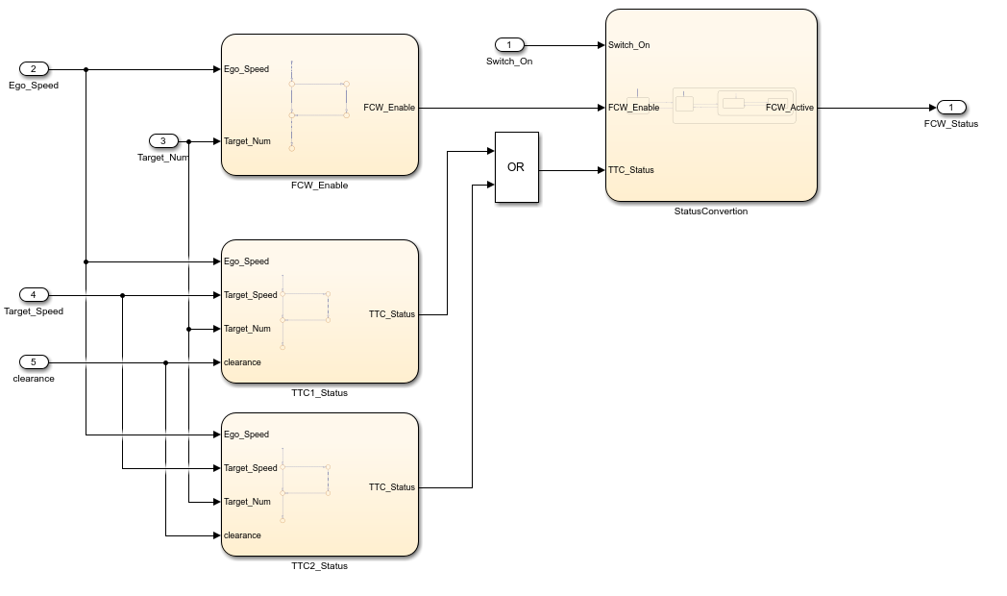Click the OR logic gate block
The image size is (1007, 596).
[x=516, y=167]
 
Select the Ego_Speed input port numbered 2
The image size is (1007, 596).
[x=34, y=69]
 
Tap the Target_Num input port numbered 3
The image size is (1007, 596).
[x=163, y=141]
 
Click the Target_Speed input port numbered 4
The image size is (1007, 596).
[x=34, y=295]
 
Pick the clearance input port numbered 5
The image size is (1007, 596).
[x=34, y=362]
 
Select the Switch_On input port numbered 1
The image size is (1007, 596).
[x=509, y=45]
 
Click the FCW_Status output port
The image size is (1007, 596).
[x=951, y=108]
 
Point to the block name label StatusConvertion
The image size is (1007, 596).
[x=710, y=211]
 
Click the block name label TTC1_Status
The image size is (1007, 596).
[x=319, y=393]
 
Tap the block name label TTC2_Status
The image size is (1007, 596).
[x=319, y=566]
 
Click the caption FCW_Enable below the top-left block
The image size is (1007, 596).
[x=319, y=186]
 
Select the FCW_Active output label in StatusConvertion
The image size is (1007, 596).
[x=789, y=108]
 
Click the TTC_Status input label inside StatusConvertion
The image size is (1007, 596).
[x=631, y=170]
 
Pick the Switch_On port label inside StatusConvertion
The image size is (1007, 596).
[x=628, y=45]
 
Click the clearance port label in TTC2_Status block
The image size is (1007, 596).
[x=242, y=535]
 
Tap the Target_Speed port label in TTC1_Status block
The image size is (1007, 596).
[x=250, y=295]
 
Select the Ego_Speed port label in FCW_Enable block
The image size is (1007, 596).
[x=246, y=69]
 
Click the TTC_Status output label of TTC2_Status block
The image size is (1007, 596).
[x=392, y=487]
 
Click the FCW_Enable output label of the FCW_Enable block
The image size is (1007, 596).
[x=389, y=108]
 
